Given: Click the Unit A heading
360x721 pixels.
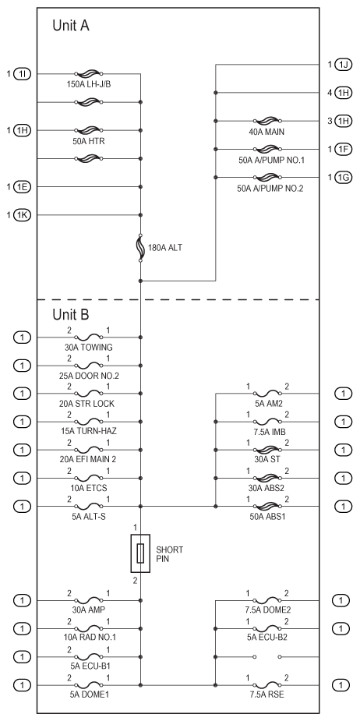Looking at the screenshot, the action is pyautogui.click(x=71, y=26).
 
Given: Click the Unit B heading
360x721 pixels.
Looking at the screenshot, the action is pyautogui.click(x=71, y=315).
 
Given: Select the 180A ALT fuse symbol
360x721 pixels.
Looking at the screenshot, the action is pyautogui.click(x=141, y=248).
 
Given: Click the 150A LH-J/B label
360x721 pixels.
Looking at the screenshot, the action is pyautogui.click(x=89, y=85).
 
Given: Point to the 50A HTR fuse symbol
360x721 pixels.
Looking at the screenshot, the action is pyautogui.click(x=89, y=130).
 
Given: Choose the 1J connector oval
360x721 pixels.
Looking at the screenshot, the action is pyautogui.click(x=343, y=65).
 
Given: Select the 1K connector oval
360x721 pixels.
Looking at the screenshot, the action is pyautogui.click(x=23, y=214).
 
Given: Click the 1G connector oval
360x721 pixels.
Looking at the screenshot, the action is pyautogui.click(x=343, y=177).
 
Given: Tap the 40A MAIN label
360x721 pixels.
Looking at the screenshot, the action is pyautogui.click(x=266, y=132).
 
